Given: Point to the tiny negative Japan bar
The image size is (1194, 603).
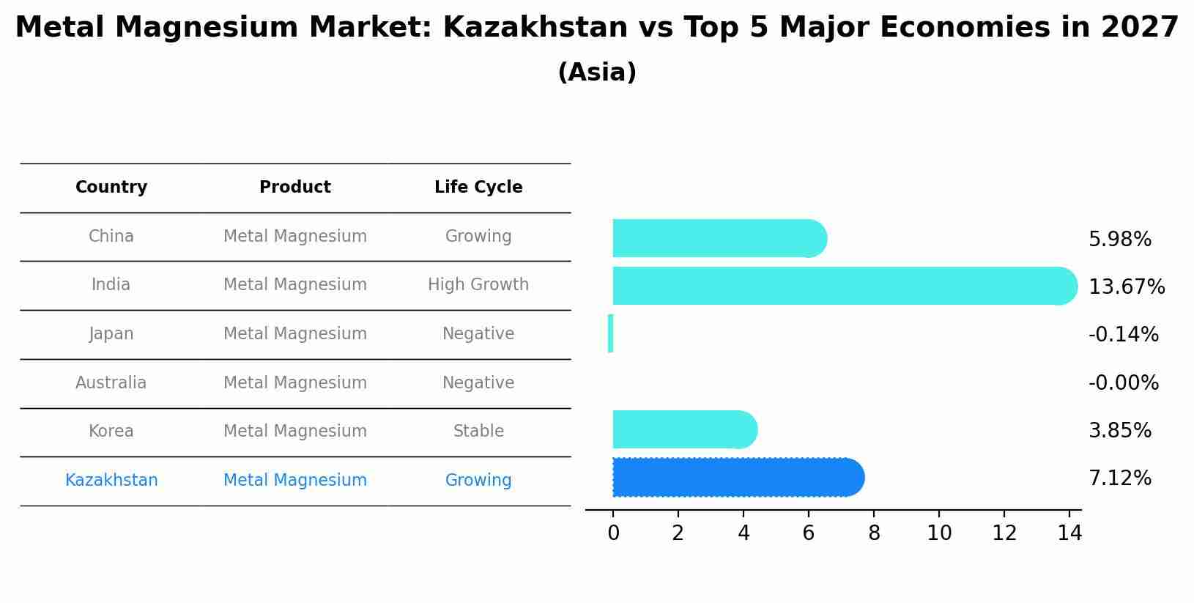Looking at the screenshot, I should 610,333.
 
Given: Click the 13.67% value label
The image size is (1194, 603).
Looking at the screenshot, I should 1126,286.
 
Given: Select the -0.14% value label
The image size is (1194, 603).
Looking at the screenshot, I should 1123,335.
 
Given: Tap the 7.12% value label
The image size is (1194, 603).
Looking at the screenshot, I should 1119,478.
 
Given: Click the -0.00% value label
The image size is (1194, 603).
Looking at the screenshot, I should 1123,383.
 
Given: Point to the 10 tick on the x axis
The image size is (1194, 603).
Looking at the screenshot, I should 938,533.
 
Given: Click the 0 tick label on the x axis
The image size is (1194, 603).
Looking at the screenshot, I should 613,533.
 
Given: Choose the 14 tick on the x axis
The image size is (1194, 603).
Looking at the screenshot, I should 1069,533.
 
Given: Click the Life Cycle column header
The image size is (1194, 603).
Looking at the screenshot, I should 478,188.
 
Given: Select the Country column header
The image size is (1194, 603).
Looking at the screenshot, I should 111,188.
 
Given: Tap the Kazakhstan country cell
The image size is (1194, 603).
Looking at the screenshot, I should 111,481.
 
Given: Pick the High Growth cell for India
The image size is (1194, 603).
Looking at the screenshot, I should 478,285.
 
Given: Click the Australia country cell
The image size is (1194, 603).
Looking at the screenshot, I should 111,383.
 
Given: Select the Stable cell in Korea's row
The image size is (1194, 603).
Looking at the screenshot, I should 478,432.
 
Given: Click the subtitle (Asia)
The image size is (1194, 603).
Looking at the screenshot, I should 597,73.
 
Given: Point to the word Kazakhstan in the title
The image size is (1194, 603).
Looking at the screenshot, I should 535,28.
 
